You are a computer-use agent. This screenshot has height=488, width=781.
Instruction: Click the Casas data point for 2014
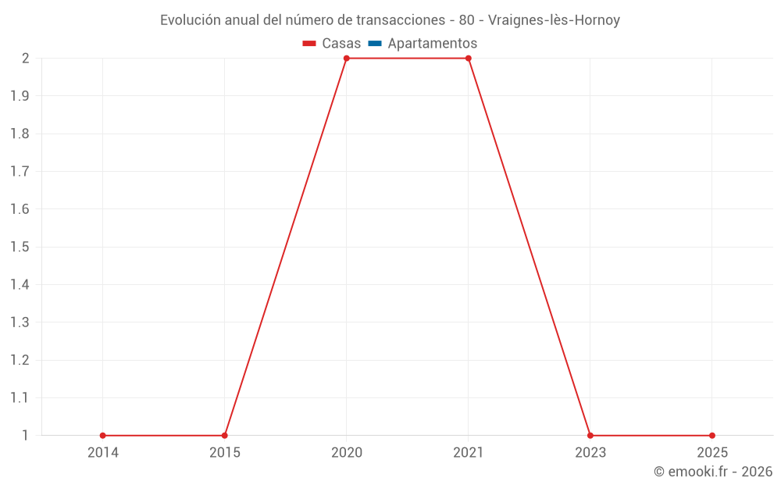[103, 436]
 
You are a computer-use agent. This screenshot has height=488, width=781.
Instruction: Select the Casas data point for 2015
[225, 436]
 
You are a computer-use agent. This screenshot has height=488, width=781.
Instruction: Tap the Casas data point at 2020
[347, 59]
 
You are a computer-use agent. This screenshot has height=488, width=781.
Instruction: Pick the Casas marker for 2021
[469, 59]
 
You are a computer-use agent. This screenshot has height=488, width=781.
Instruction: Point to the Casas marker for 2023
[590, 436]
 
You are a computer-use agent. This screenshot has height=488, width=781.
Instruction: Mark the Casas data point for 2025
[712, 436]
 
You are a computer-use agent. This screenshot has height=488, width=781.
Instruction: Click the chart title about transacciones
[390, 20]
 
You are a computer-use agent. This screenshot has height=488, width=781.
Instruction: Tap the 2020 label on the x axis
[347, 452]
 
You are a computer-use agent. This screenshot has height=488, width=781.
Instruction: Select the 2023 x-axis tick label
[590, 452]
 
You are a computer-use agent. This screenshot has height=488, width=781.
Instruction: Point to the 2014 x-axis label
[103, 452]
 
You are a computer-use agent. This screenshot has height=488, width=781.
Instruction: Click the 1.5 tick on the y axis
[20, 247]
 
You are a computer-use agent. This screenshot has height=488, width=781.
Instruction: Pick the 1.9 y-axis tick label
[20, 96]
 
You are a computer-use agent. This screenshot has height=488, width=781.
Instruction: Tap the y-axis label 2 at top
[26, 59]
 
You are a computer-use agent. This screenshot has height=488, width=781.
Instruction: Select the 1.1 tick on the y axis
[20, 397]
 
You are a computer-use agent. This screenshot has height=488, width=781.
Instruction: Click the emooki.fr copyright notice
[713, 472]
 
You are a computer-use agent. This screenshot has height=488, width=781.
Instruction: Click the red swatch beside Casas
[309, 44]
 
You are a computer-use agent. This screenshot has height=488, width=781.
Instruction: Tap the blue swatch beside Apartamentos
[375, 44]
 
